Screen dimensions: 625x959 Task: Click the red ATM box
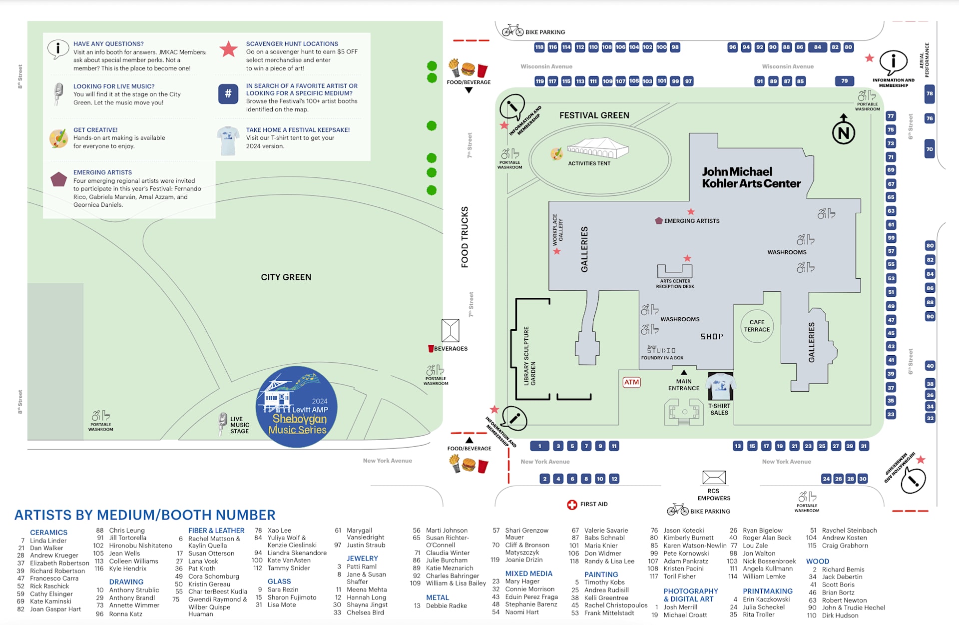(x=631, y=382)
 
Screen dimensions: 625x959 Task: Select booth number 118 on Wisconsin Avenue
(x=539, y=47)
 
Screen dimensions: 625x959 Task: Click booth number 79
(x=844, y=81)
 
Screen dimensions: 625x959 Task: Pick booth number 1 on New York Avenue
(x=539, y=446)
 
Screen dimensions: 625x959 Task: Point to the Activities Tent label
(x=589, y=163)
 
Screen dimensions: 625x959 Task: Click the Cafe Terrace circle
(x=757, y=326)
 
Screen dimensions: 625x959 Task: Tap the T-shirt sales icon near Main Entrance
(x=720, y=386)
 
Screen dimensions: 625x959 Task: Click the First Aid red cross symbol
(x=572, y=505)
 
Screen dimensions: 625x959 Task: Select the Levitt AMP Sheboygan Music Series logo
(x=297, y=407)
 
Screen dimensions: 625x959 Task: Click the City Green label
(x=286, y=277)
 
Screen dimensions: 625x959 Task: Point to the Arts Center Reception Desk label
(x=675, y=284)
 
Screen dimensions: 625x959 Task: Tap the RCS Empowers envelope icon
(x=714, y=477)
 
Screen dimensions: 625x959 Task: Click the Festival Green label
(x=594, y=115)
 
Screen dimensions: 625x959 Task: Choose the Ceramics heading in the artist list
(x=48, y=533)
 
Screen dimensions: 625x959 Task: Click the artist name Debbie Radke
(x=446, y=606)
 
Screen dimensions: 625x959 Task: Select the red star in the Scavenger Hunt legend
(x=228, y=49)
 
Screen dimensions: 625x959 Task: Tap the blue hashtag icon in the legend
(x=228, y=93)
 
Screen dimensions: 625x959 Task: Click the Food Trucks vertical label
(x=465, y=237)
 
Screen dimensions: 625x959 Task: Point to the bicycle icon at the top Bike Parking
(x=512, y=30)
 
